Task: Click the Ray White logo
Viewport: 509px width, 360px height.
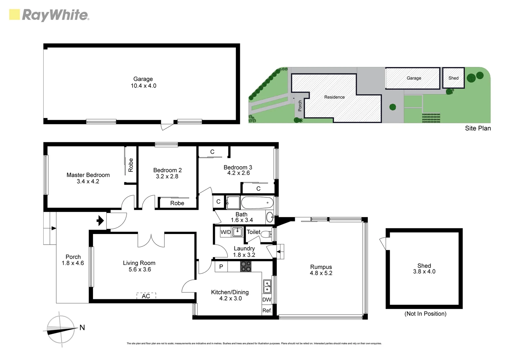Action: click(49, 15)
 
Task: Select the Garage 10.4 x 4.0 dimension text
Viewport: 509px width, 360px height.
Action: click(143, 86)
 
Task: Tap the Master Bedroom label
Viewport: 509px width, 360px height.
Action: click(88, 175)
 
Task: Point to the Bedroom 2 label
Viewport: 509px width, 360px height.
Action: click(167, 170)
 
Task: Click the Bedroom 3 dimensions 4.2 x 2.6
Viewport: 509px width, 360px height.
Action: click(239, 173)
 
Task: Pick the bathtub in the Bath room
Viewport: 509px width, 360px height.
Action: click(257, 202)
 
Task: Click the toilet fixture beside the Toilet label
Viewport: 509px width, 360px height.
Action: click(266, 234)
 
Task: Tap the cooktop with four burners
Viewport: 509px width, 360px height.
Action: click(246, 266)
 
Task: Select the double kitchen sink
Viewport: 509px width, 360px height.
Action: click(267, 286)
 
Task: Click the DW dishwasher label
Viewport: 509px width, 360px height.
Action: click(266, 300)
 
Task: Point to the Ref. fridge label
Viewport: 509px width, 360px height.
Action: click(267, 310)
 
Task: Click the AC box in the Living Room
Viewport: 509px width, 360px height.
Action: click(146, 296)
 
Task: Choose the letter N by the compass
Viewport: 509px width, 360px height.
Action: click(82, 328)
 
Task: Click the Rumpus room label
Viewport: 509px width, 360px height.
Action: click(321, 267)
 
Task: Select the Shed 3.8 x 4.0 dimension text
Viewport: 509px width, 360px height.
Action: click(424, 272)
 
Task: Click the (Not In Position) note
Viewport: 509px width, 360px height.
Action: click(425, 314)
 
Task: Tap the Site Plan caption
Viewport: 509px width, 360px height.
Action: click(478, 128)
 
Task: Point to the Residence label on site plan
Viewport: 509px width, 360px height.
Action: click(334, 97)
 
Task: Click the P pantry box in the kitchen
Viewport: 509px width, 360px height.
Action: click(221, 267)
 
